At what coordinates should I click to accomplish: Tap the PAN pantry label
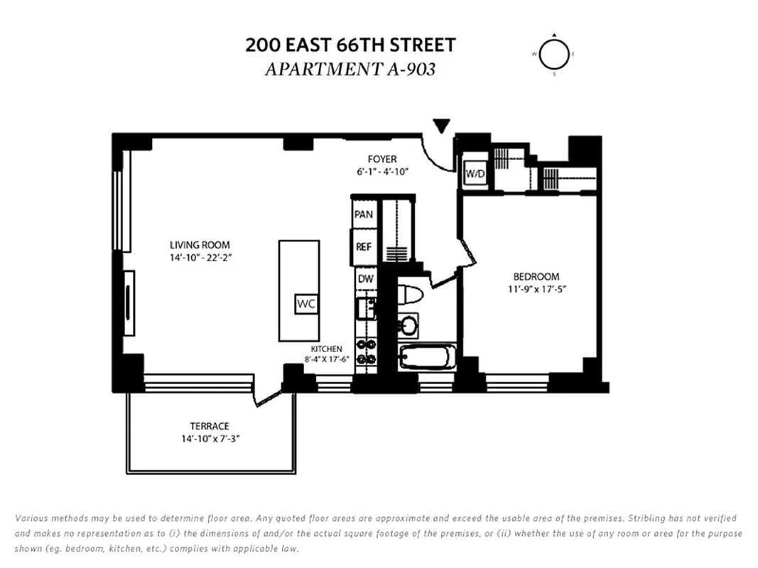(x=364, y=214)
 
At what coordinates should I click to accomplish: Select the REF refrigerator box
(x=364, y=246)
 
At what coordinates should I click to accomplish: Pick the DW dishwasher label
(x=366, y=279)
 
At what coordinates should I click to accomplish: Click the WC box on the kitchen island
(x=306, y=304)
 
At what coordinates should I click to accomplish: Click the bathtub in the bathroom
(x=427, y=357)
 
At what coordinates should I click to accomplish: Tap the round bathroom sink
(x=409, y=326)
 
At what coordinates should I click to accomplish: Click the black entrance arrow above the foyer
(x=441, y=126)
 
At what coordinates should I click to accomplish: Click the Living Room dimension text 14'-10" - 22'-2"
(x=200, y=258)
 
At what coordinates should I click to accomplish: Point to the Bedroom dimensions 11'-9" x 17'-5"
(x=536, y=289)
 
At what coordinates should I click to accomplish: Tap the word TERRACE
(x=210, y=426)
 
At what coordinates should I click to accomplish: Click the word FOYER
(x=382, y=159)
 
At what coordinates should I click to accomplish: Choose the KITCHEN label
(x=326, y=349)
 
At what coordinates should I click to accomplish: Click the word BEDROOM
(x=536, y=277)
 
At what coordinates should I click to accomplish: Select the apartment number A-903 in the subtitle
(x=411, y=69)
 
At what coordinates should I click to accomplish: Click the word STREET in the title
(x=423, y=45)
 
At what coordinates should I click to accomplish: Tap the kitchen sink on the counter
(x=366, y=308)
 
